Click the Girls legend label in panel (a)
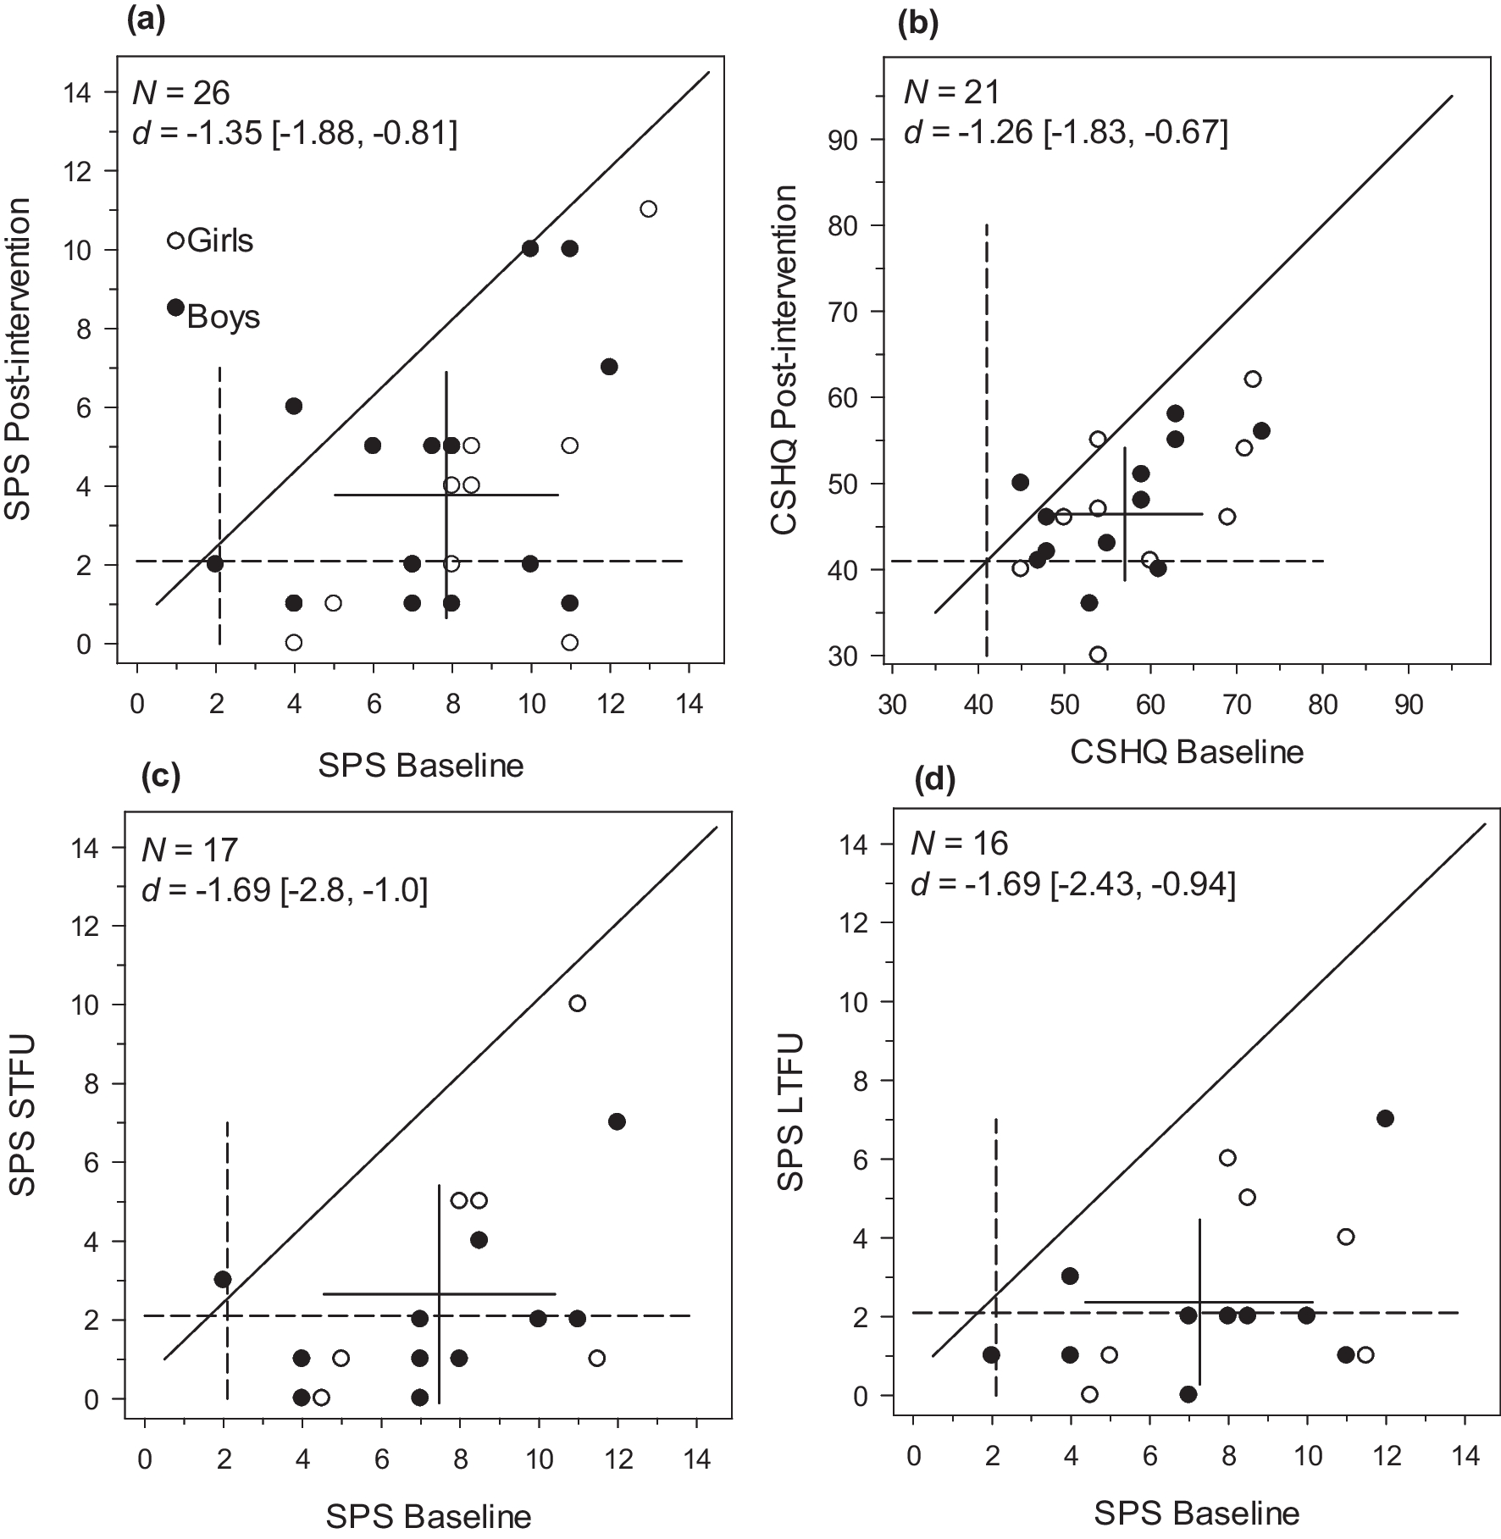(x=220, y=241)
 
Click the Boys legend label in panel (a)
(x=223, y=317)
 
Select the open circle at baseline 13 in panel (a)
(x=648, y=209)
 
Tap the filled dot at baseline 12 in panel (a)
(x=609, y=367)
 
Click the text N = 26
(x=181, y=92)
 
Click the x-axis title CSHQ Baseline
(x=1186, y=752)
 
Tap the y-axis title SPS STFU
(x=24, y=1122)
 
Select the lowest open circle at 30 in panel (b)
(x=1098, y=655)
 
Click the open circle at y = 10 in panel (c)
(x=577, y=1004)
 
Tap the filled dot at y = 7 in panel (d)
(x=1385, y=1118)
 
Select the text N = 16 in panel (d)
(x=959, y=843)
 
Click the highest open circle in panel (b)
(x=1252, y=379)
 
